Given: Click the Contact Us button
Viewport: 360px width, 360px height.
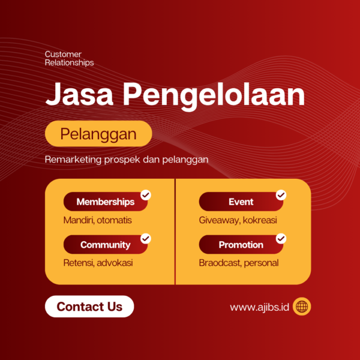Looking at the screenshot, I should click(89, 307).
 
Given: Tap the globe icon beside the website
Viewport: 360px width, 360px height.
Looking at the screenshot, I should click(302, 307).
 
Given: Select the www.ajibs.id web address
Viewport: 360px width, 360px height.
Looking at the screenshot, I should click(260, 307).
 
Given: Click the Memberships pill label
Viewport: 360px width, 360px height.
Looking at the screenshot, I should click(105, 202).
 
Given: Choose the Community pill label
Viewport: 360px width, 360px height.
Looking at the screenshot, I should click(105, 245).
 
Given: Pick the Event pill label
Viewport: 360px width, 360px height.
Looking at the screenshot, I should click(241, 202).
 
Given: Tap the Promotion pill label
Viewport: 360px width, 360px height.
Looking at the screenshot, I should click(241, 245).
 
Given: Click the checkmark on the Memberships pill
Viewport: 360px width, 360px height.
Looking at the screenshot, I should click(146, 195).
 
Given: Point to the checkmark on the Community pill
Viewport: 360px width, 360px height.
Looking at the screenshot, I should click(146, 238).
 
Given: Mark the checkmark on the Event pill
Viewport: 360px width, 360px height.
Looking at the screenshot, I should click(281, 195).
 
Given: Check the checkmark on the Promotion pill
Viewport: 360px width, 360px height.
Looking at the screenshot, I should click(281, 238).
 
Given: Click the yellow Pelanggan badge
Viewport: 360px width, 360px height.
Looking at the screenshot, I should click(98, 134).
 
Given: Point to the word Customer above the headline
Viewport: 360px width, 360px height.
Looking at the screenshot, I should click(63, 55).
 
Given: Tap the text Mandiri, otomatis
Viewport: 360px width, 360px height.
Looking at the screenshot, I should click(97, 220).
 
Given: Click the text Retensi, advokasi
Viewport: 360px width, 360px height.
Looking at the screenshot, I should click(98, 263).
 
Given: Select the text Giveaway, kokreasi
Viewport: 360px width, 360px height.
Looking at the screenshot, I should click(238, 220).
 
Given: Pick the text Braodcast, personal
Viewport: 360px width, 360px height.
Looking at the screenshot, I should click(239, 263).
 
